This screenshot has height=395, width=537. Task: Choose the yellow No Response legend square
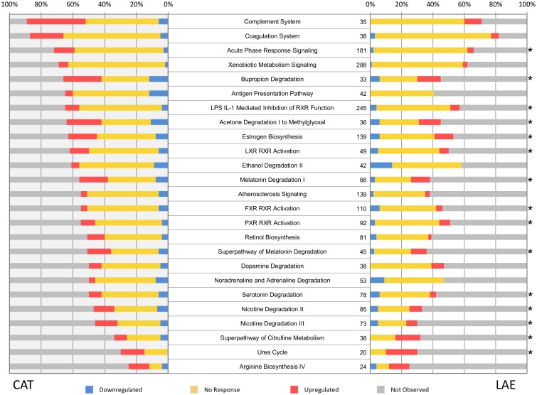(x=193, y=389)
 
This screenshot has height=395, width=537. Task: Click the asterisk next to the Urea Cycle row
(x=530, y=352)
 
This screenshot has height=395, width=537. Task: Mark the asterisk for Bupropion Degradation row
(x=530, y=79)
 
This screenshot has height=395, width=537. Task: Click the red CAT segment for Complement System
(x=61, y=21)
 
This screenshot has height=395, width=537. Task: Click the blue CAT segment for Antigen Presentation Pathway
(x=159, y=93)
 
